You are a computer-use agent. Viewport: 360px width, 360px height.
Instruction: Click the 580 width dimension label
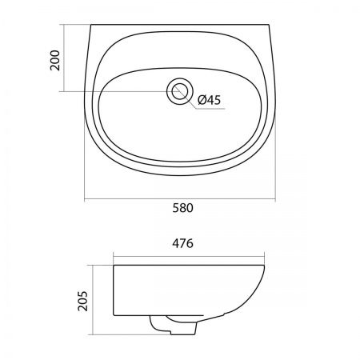pyautogui.click(x=182, y=208)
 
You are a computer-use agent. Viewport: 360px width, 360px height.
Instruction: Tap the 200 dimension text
pyautogui.click(x=55, y=60)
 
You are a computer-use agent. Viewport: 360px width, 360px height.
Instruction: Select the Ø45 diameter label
pyautogui.click(x=210, y=100)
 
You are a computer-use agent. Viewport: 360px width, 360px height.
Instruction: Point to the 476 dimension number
pyautogui.click(x=182, y=243)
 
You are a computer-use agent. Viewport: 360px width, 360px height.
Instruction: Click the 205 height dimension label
pyautogui.click(x=82, y=301)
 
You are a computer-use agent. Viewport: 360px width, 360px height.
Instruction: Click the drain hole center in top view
pyautogui.click(x=180, y=91)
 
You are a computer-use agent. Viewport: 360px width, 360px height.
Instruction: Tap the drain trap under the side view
pyautogui.click(x=174, y=325)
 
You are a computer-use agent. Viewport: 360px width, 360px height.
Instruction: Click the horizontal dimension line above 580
pyautogui.click(x=180, y=199)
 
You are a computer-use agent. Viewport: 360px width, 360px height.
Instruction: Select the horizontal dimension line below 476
pyautogui.click(x=189, y=257)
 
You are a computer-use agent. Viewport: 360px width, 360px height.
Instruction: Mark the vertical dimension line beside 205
pyautogui.click(x=93, y=300)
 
